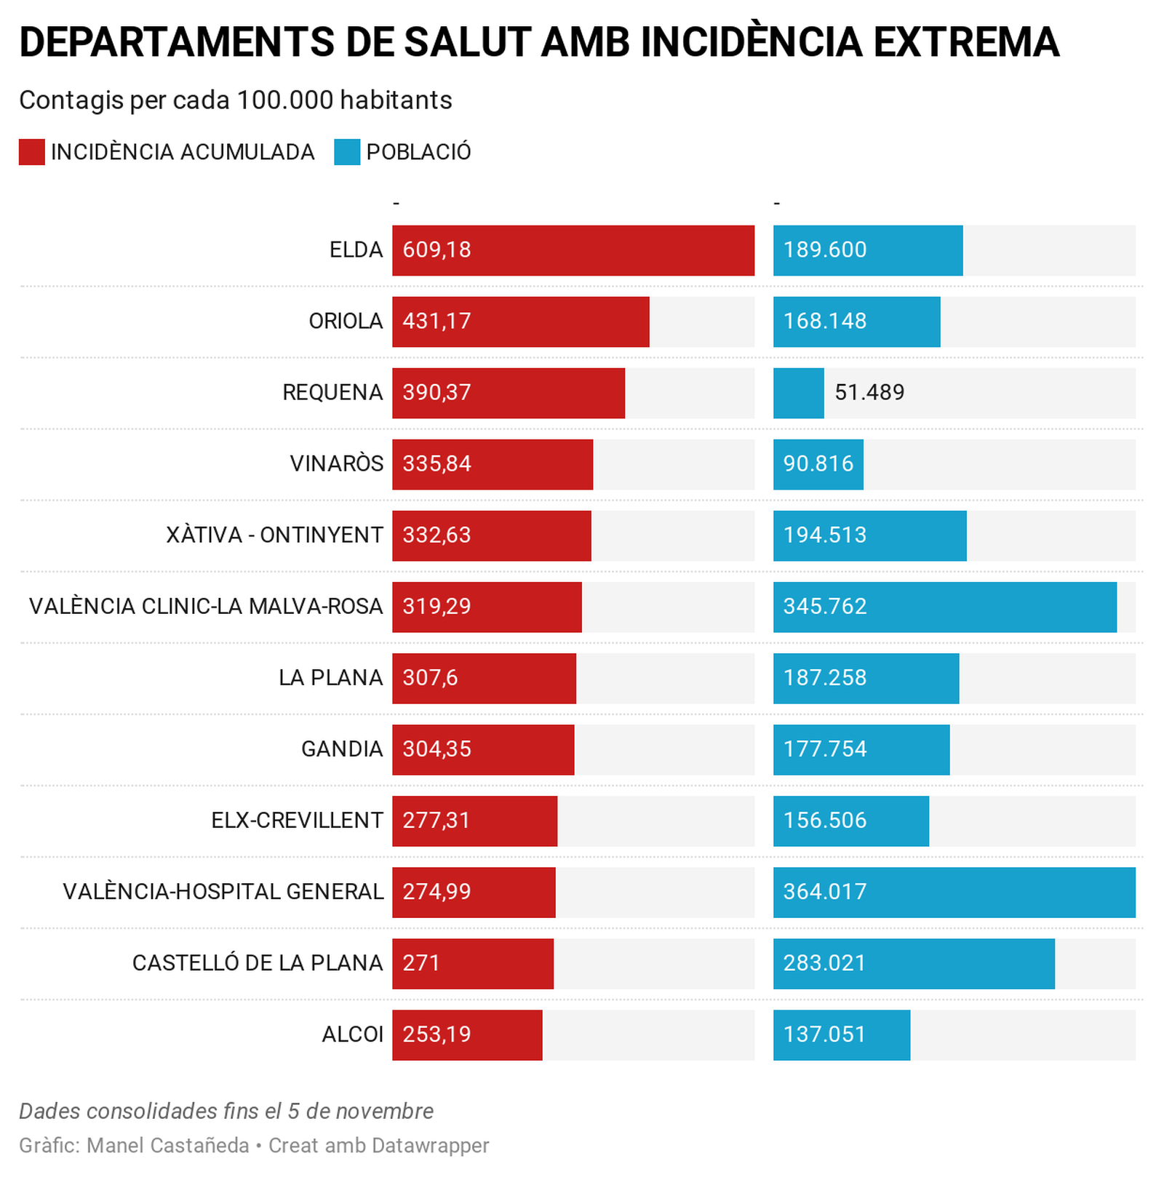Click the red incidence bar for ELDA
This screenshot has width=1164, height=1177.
pos(573,250)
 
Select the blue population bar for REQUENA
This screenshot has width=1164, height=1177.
pos(798,393)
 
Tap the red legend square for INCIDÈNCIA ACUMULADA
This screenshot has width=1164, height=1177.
pos(32,152)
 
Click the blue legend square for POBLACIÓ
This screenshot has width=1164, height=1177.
pos(347,152)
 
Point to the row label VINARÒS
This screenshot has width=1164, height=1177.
pos(336,463)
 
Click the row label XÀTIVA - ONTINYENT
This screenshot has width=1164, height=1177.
pos(274,535)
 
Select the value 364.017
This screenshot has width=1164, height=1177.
pos(825,891)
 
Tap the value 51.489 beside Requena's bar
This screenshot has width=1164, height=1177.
pos(869,393)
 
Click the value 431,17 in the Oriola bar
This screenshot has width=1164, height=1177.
pos(436,321)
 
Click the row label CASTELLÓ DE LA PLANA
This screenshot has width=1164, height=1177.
pos(258,962)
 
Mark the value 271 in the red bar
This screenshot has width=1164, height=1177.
pos(421,962)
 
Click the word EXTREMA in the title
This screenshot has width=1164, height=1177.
pos(966,42)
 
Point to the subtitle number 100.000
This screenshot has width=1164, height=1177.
pos(284,100)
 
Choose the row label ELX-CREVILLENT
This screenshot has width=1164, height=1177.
pos(297,820)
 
